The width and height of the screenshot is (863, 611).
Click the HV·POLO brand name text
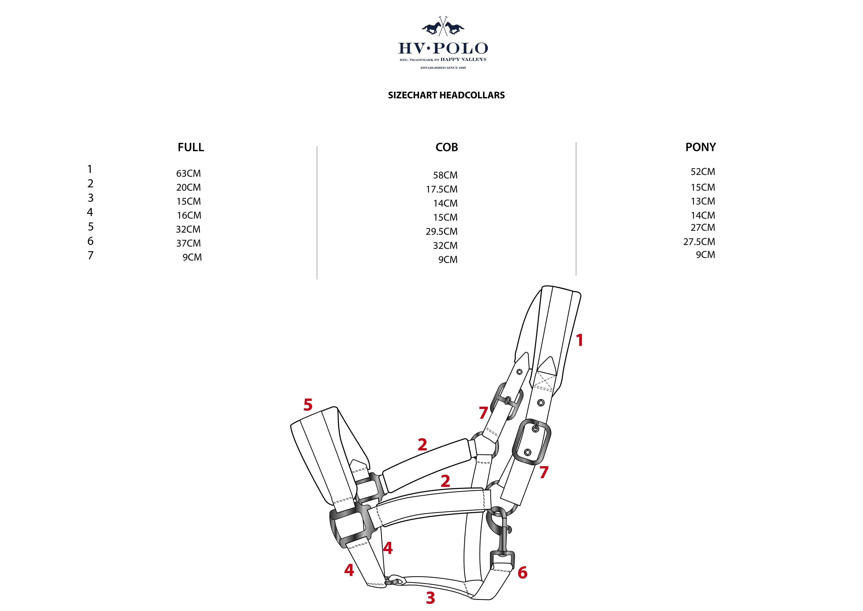point(443,49)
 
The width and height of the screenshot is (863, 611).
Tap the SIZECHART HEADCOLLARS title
point(446,95)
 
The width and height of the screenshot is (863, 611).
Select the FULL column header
point(191,147)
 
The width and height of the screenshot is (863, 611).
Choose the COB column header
point(447,147)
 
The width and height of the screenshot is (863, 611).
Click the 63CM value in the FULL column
point(188,173)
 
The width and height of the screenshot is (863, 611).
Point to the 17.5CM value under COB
point(441,189)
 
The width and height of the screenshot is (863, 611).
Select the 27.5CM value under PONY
point(699,242)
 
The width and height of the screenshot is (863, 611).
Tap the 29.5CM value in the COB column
point(441,231)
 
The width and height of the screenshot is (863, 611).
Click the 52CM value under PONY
point(703,172)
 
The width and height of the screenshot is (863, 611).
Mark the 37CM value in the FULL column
point(188,243)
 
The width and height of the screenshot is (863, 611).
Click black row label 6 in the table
point(90,241)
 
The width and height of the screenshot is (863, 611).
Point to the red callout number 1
point(580,340)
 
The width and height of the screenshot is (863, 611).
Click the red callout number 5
point(308,405)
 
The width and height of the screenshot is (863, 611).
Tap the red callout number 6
point(522,573)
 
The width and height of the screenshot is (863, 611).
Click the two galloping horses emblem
point(443,27)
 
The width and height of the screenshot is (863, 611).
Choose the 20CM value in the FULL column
point(188,187)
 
